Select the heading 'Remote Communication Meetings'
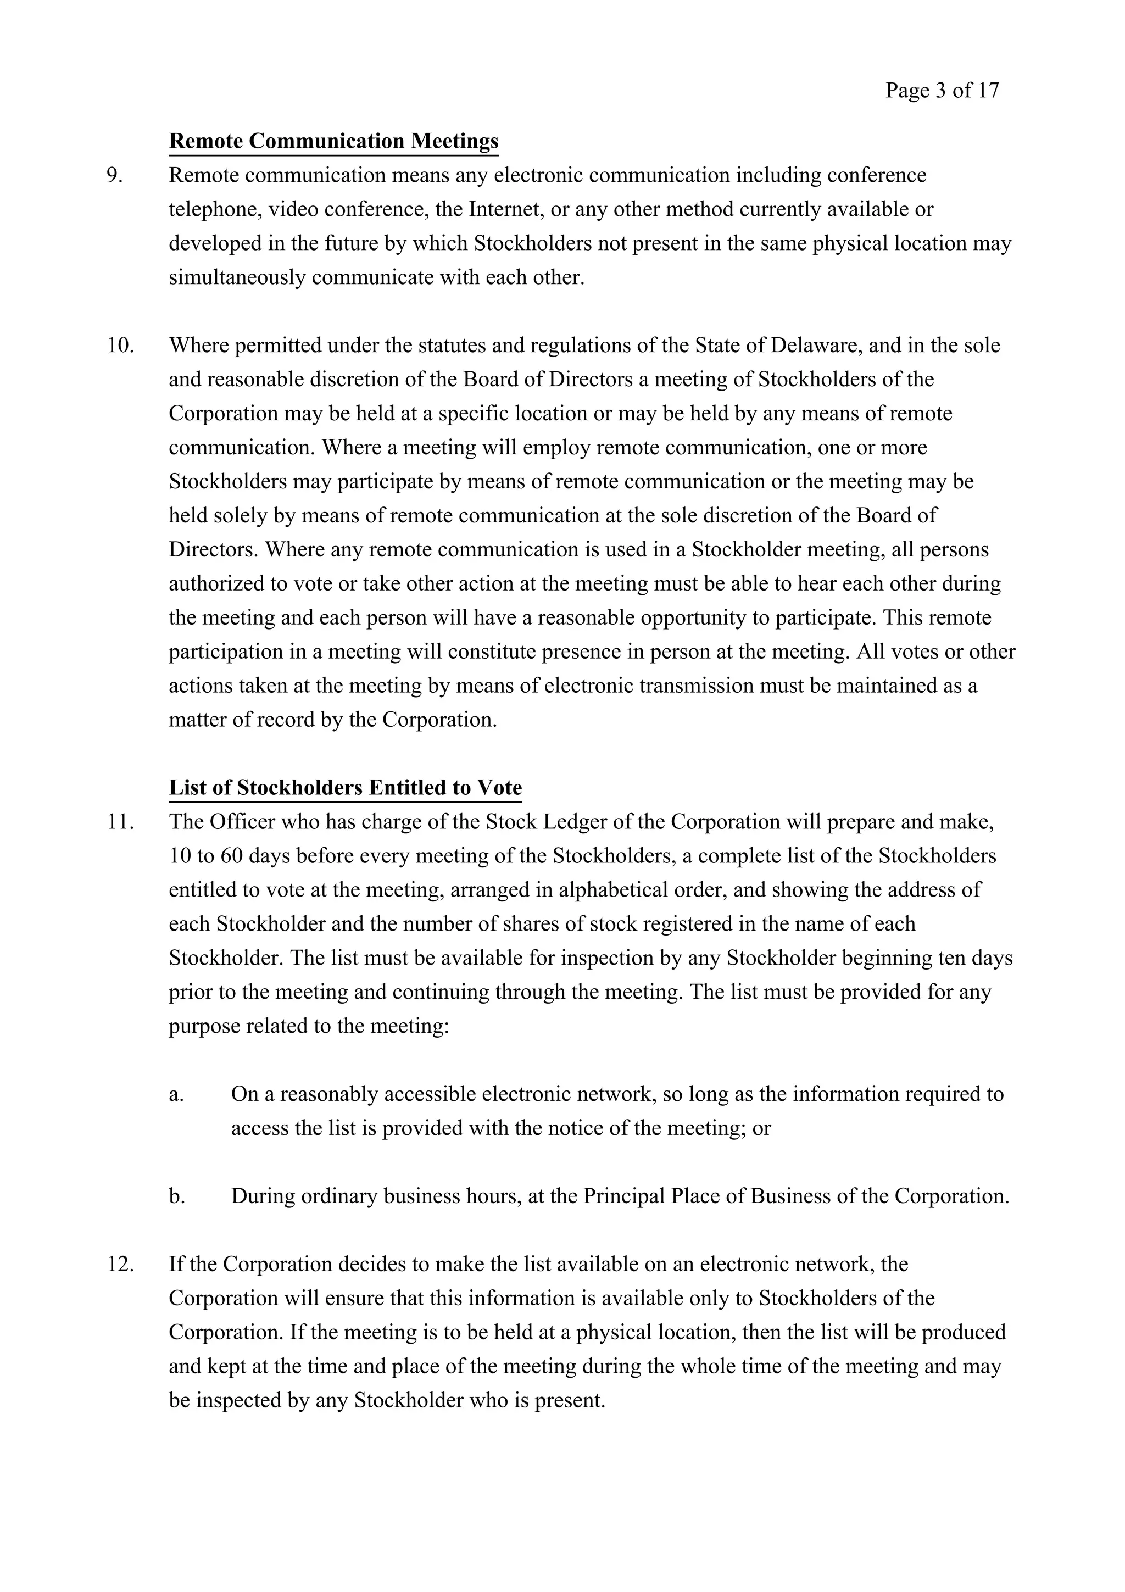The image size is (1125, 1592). click(333, 141)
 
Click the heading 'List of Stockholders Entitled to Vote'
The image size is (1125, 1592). click(345, 788)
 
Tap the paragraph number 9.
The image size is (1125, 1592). click(115, 175)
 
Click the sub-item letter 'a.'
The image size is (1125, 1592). click(176, 1094)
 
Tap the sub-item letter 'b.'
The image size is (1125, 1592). click(176, 1196)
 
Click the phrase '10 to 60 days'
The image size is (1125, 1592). click(230, 856)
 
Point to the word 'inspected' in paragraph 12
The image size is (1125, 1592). click(238, 1400)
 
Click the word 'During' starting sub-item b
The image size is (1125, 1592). click(264, 1196)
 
